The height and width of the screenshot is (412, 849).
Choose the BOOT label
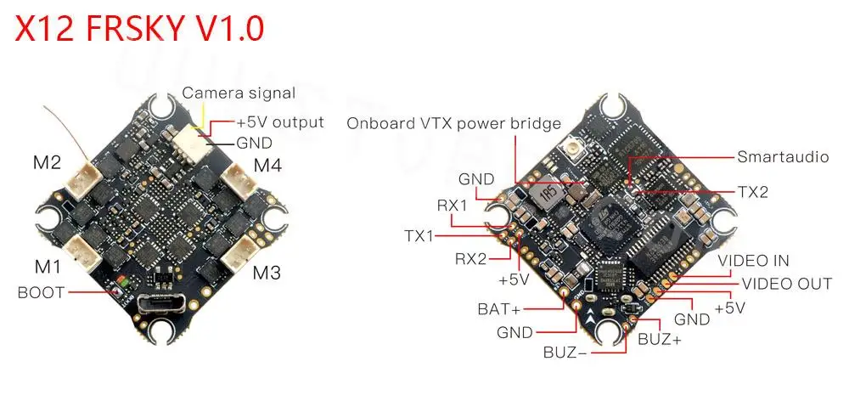(40, 293)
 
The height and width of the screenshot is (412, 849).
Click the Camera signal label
(239, 93)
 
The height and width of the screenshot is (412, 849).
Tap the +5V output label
(280, 121)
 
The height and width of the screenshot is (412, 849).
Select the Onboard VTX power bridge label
(453, 123)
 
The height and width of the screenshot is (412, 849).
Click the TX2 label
(751, 193)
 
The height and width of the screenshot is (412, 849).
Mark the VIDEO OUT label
(787, 283)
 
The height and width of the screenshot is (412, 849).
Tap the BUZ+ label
(659, 339)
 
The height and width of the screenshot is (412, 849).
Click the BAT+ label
(499, 308)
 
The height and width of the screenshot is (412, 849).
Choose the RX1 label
(452, 205)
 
